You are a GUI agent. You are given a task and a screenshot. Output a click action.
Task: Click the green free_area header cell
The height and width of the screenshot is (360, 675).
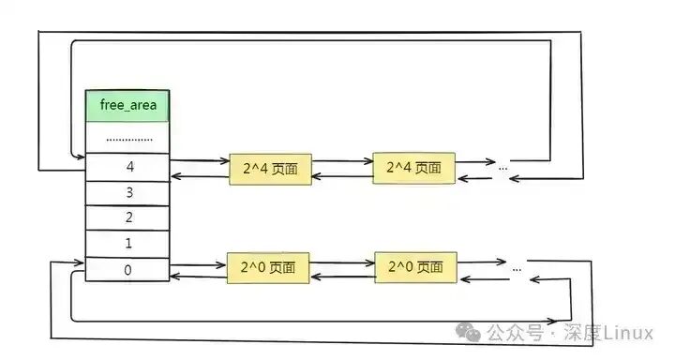click(127, 106)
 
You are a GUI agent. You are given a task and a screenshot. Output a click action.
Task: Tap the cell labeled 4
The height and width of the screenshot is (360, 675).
click(127, 167)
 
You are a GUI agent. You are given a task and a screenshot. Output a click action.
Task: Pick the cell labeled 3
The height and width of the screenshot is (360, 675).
click(127, 192)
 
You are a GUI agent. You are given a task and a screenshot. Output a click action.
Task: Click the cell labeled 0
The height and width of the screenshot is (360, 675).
click(127, 270)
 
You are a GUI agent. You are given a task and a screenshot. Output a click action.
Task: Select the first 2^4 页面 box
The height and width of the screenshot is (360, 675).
click(269, 169)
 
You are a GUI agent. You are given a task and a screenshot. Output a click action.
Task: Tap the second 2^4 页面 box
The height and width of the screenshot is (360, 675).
click(413, 169)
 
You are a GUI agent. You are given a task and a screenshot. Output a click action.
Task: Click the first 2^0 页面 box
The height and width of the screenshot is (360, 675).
click(269, 267)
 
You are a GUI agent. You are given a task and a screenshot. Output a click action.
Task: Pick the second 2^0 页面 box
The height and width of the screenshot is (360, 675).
click(415, 267)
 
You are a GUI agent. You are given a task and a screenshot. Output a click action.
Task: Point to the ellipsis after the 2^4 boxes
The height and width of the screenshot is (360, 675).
click(503, 168)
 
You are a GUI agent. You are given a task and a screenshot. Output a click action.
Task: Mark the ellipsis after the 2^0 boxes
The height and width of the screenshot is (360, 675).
click(517, 267)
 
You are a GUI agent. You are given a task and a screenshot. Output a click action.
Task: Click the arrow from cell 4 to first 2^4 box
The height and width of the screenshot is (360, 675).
click(199, 161)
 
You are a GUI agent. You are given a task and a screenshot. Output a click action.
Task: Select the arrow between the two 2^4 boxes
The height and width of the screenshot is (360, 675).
click(341, 161)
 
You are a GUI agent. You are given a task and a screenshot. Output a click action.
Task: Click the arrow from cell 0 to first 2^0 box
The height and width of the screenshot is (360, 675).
click(199, 265)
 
